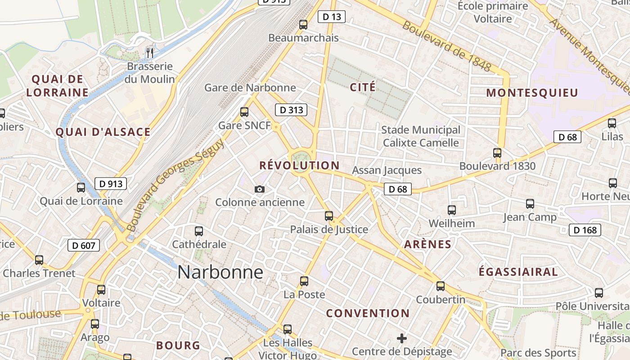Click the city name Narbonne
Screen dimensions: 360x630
220,272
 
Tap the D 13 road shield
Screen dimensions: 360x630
332,17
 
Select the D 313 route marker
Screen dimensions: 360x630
291,110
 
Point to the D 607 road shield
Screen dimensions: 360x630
83,245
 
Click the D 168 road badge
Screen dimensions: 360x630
585,230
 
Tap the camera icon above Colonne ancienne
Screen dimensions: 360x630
260,189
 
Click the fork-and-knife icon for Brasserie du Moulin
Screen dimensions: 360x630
150,53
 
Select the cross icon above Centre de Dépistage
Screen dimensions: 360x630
402,338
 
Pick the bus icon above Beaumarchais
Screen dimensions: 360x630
303,24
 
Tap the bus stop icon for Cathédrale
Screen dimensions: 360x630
199,231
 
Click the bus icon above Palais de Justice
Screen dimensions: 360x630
329,216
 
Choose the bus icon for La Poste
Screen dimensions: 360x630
304,281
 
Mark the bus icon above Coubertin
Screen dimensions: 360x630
441,286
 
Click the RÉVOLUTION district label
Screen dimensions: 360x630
299,166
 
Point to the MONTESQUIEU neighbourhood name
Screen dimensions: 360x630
532,93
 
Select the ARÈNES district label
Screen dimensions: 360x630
427,244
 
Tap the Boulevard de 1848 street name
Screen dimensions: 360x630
446,46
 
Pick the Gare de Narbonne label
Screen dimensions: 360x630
250,87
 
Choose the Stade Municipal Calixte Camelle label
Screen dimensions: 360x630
421,136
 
